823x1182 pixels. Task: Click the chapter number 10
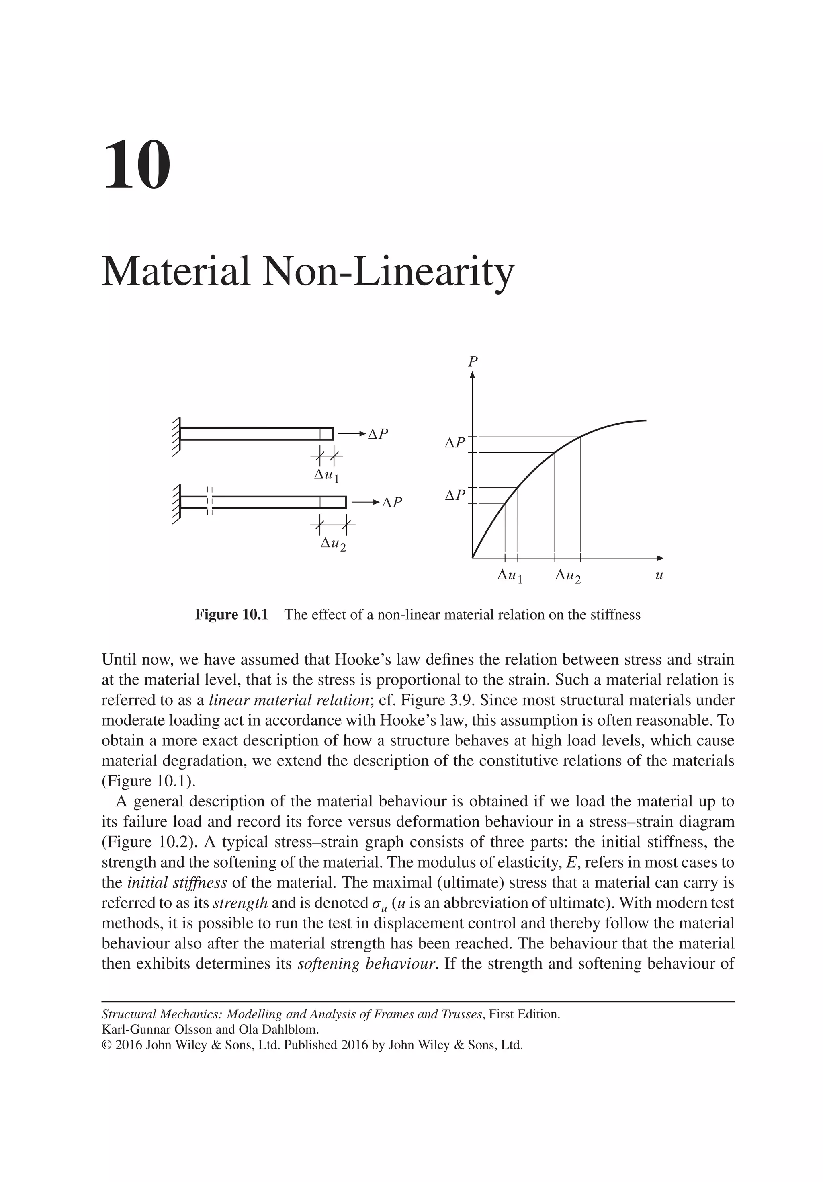(x=137, y=165)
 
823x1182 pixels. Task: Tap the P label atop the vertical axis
(x=471, y=361)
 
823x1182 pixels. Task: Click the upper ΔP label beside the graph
(x=454, y=443)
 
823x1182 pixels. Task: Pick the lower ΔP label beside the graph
(x=454, y=495)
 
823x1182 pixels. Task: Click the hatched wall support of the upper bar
(x=176, y=435)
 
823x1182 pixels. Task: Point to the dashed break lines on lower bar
(x=209, y=501)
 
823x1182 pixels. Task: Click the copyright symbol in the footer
(x=106, y=1045)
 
